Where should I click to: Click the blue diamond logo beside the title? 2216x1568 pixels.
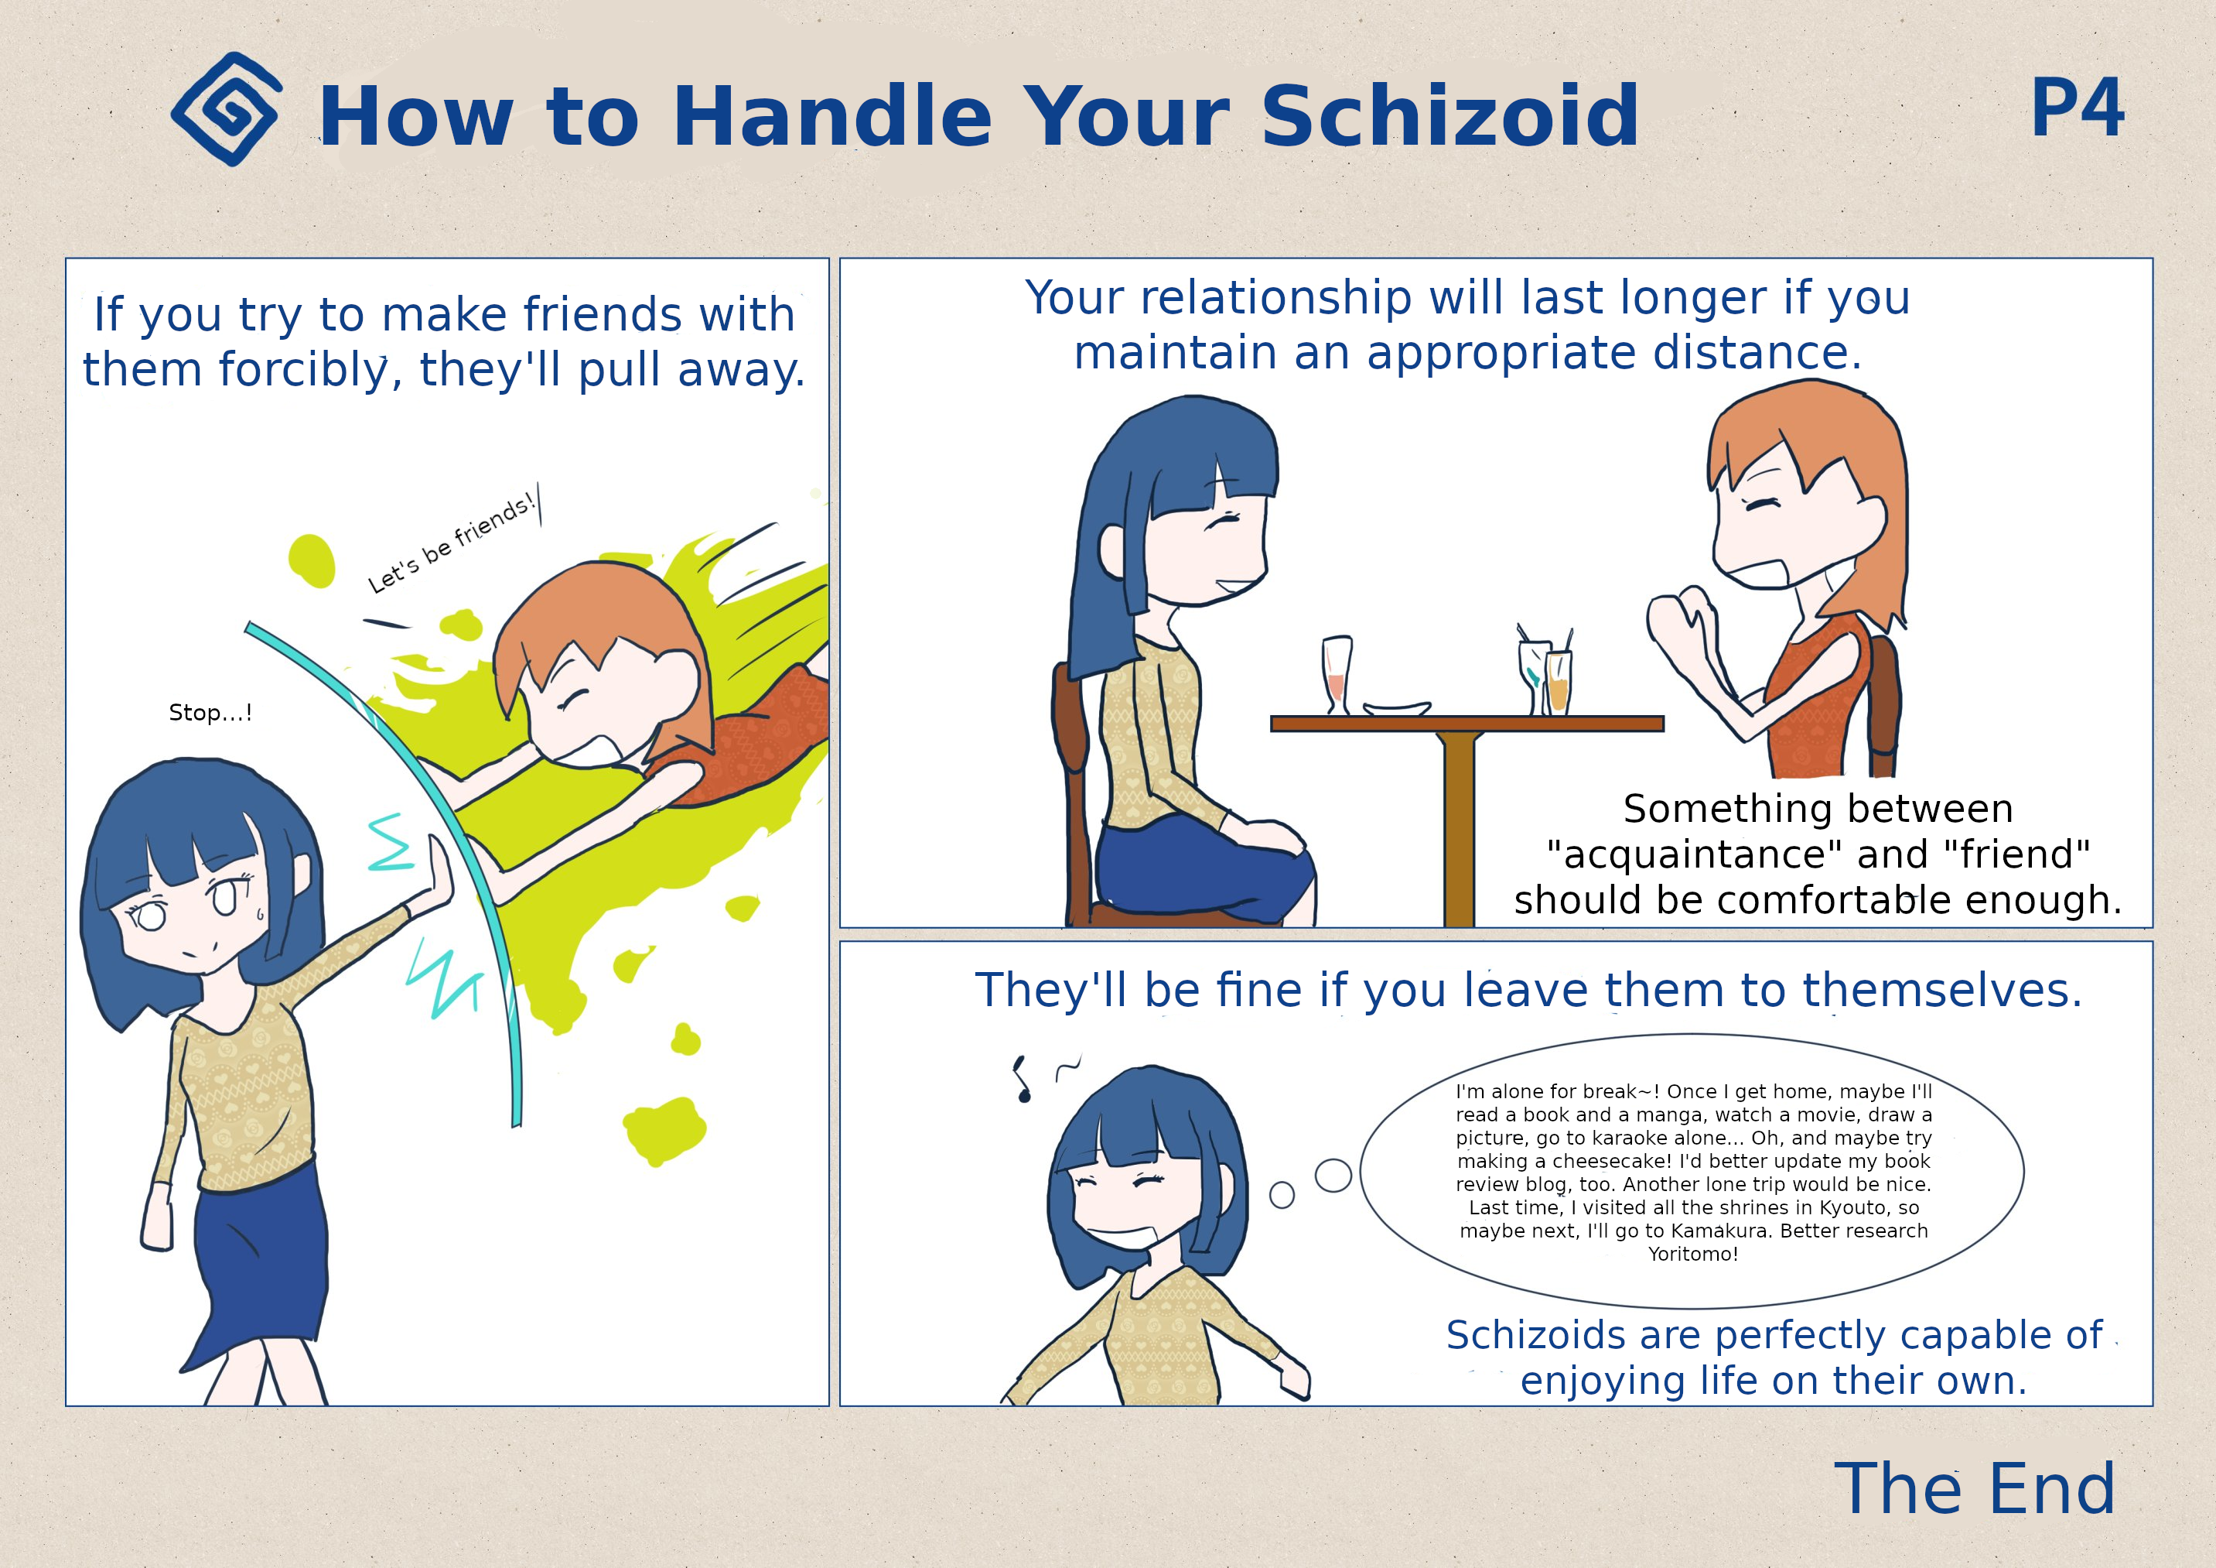click(x=227, y=109)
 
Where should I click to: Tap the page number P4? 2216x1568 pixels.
click(x=2077, y=108)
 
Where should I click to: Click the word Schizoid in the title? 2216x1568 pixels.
click(x=1449, y=116)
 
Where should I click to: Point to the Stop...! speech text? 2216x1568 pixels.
click(x=210, y=713)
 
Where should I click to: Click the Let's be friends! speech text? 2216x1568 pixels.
click(x=451, y=542)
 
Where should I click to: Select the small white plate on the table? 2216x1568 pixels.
click(x=1397, y=709)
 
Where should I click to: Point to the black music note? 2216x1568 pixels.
click(x=1021, y=1080)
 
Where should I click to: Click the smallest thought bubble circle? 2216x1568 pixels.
click(x=1282, y=1195)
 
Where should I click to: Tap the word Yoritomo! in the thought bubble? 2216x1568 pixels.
click(x=1693, y=1255)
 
